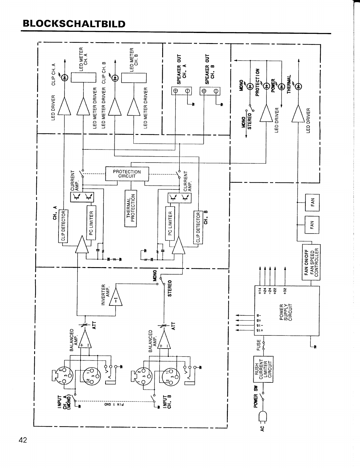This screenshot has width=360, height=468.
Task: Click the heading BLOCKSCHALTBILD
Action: (x=74, y=24)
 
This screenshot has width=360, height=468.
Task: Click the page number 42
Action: (x=23, y=440)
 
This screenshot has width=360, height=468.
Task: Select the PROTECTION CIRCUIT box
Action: (x=127, y=174)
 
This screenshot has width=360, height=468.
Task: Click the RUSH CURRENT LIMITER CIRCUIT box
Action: (x=263, y=369)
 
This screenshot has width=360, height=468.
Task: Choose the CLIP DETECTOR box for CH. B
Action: (x=198, y=227)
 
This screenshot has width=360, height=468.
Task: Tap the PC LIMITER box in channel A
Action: (x=91, y=222)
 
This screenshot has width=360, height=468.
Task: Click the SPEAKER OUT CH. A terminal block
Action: (x=181, y=91)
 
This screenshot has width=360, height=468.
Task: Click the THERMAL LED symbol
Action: (x=298, y=86)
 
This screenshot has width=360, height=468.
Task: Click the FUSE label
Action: (x=258, y=345)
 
